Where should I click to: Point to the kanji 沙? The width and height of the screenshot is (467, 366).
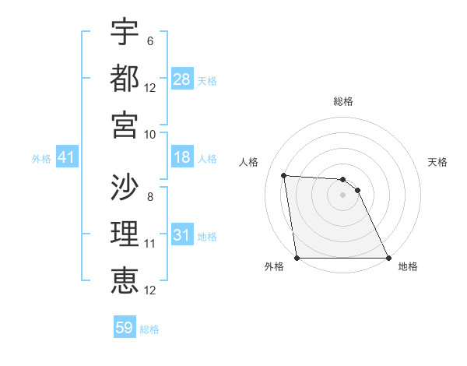click(125, 188)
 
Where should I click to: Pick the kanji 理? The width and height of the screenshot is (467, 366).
click(125, 234)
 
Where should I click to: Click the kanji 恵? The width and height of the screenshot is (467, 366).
click(125, 280)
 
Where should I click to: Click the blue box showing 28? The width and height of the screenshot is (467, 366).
click(182, 79)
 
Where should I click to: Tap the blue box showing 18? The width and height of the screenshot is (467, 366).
click(182, 158)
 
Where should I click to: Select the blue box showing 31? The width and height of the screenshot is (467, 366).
click(182, 235)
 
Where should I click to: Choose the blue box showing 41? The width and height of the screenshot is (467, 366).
click(67, 158)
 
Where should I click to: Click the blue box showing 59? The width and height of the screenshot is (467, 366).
click(125, 328)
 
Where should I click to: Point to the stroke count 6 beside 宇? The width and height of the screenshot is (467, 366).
click(150, 41)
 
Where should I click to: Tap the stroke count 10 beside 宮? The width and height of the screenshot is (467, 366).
click(150, 134)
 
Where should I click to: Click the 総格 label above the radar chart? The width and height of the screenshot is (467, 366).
click(343, 102)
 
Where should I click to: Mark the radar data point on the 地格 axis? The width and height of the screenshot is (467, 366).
click(388, 258)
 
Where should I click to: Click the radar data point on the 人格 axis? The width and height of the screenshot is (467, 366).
click(284, 175)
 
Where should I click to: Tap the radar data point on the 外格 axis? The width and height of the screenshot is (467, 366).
click(297, 258)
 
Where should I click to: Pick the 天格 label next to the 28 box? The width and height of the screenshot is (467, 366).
click(207, 81)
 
